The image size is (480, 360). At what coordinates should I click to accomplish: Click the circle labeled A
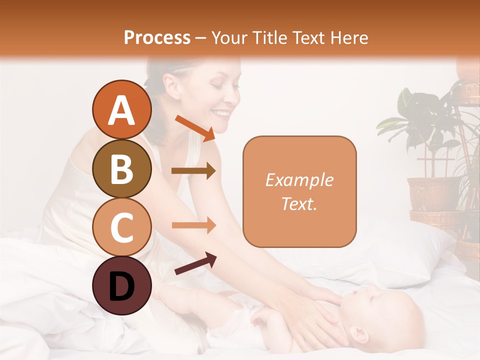click(x=121, y=110)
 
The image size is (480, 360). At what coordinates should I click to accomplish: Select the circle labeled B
click(x=121, y=168)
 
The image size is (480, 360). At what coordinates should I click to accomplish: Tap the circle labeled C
click(x=121, y=227)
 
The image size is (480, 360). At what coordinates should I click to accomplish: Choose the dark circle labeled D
click(x=121, y=285)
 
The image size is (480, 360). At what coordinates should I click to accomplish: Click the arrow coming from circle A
click(x=195, y=127)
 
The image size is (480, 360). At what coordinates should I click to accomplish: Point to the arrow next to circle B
click(x=193, y=171)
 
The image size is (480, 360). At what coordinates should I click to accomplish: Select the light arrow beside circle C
click(x=193, y=225)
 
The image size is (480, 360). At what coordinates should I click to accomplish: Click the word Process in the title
click(x=157, y=37)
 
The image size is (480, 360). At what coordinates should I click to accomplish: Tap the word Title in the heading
click(x=269, y=37)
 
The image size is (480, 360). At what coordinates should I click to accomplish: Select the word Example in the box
click(x=299, y=180)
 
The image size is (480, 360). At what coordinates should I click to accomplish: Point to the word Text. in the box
click(x=299, y=203)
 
